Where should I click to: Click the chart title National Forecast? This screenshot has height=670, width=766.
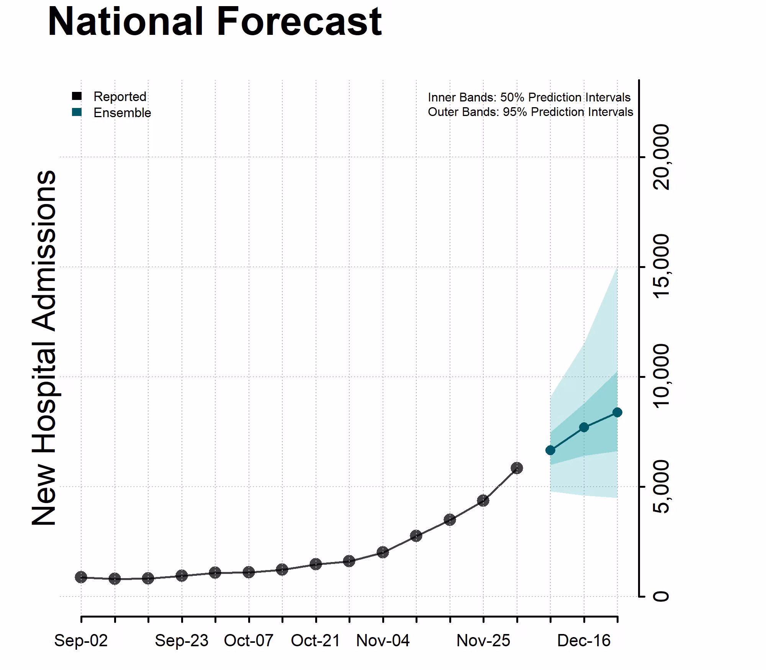tap(214, 22)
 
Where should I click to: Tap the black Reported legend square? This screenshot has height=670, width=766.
tap(77, 96)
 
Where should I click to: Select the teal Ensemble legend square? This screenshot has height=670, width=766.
tap(77, 112)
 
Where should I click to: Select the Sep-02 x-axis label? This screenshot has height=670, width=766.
tap(81, 641)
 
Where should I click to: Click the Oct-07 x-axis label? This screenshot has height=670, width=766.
tap(249, 641)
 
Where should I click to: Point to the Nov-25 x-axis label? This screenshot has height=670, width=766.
tap(483, 641)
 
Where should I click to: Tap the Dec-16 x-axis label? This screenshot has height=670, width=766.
tap(584, 641)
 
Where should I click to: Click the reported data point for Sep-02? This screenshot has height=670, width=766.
tap(81, 577)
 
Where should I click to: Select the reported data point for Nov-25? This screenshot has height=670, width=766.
tap(483, 500)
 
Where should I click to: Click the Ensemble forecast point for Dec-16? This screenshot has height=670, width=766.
tap(584, 427)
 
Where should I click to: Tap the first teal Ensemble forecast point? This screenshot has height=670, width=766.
tap(550, 450)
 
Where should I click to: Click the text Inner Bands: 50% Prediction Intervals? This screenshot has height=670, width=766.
tap(529, 97)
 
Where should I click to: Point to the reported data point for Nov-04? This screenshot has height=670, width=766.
tap(383, 552)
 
